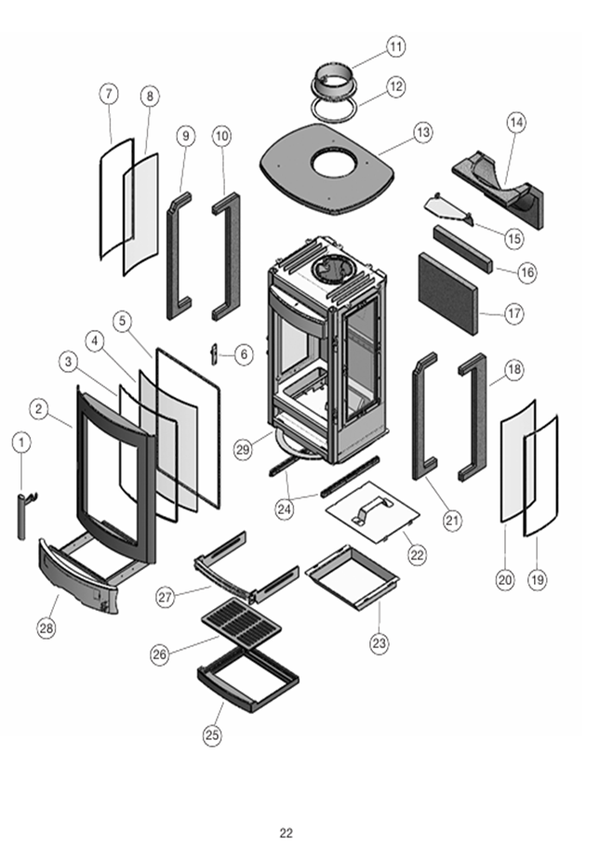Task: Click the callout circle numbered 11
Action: [396, 46]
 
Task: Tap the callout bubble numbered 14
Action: [517, 122]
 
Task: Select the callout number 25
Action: [212, 735]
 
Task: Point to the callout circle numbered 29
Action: [244, 450]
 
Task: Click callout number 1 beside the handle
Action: [21, 443]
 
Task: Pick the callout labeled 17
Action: [514, 313]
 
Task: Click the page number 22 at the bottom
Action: [286, 833]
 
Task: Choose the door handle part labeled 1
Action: [21, 516]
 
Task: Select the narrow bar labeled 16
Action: [461, 248]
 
